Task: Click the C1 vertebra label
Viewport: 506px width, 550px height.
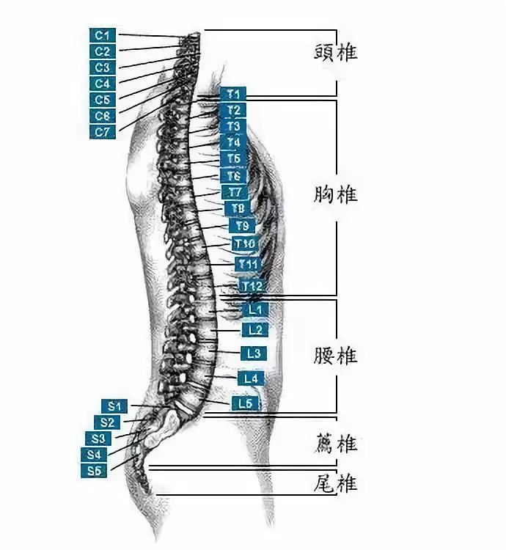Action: pos(103,35)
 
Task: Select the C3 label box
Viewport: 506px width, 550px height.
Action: pos(103,67)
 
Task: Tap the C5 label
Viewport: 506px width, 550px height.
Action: pos(103,100)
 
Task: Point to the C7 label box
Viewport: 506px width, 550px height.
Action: pos(103,132)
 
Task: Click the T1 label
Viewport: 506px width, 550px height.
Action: pos(233,94)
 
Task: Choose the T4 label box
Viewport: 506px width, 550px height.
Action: pos(233,142)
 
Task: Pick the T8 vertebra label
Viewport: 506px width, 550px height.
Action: pos(238,208)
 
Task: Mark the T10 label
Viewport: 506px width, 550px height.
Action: pos(245,243)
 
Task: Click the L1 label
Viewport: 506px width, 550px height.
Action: pos(255,310)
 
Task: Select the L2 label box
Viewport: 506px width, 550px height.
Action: pos(254,331)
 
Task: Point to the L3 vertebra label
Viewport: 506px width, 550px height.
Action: pos(254,353)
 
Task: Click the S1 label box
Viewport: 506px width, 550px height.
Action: pos(114,406)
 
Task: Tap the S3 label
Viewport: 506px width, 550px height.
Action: pos(100,439)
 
